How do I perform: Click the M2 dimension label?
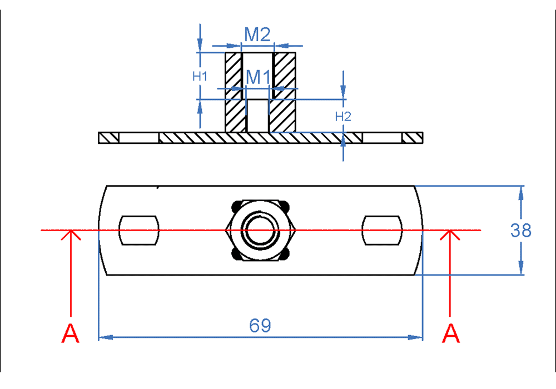[257, 35]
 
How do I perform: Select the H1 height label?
[200, 76]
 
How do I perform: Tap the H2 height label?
[343, 116]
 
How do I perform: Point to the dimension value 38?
[521, 230]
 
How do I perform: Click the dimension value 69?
[260, 326]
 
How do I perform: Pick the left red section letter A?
[71, 334]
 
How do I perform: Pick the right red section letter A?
[451, 334]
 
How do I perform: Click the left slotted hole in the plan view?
[139, 230]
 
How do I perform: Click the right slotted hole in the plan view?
[383, 230]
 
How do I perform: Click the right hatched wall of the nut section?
[284, 92]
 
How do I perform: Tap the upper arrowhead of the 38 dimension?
[521, 192]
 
